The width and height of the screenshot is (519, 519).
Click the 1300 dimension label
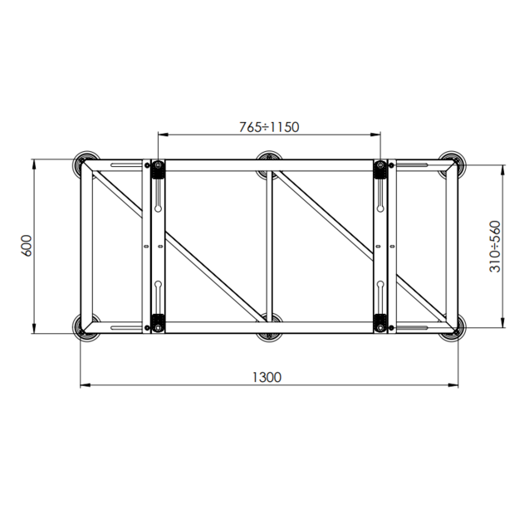(267, 377)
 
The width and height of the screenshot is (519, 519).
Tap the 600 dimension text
(27, 246)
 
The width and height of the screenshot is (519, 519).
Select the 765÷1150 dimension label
(269, 127)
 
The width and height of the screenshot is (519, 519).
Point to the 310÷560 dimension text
(495, 247)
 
